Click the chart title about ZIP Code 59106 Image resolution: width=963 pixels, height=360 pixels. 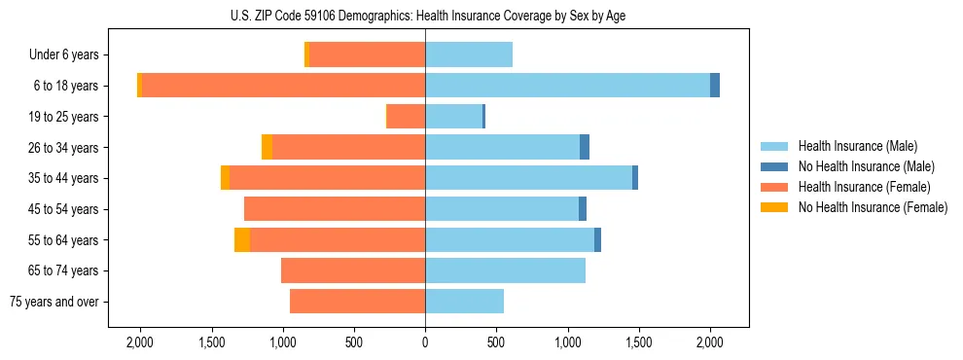425,16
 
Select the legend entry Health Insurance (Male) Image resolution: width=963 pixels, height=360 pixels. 857,146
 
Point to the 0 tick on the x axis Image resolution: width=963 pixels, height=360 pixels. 425,342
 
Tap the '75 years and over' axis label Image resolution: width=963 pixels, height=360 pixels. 53,302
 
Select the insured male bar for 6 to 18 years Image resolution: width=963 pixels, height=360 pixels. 567,86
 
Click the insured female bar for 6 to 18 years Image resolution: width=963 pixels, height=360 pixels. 283,86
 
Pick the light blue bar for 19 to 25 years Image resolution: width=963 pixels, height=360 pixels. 453,117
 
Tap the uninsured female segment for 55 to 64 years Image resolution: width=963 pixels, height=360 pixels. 242,240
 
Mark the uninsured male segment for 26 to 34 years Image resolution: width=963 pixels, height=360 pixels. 585,148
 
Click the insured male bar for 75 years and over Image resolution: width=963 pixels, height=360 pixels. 464,302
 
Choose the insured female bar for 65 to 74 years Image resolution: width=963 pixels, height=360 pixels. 353,270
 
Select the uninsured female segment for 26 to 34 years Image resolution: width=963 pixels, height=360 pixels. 267,148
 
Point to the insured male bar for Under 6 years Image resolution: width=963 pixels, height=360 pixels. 469,55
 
